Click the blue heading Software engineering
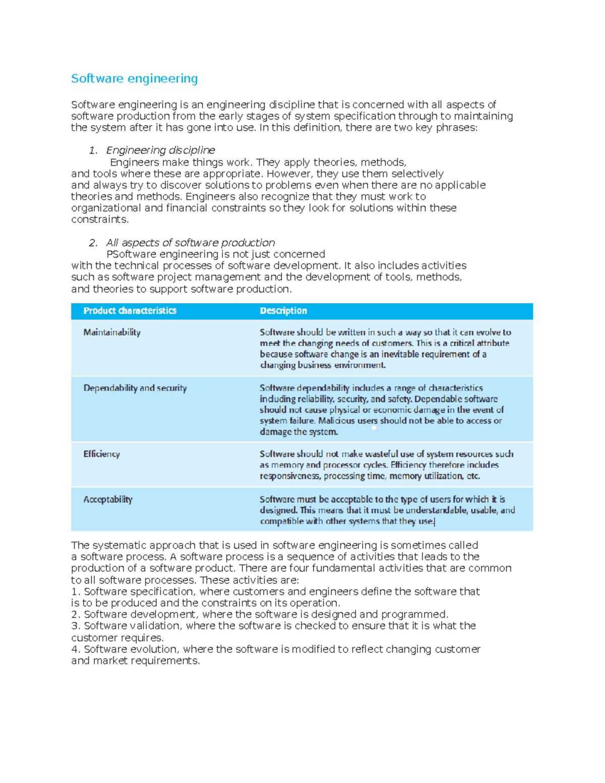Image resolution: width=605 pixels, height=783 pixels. [134, 79]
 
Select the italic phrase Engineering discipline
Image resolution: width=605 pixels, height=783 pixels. [160, 150]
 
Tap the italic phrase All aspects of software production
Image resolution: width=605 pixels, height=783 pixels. [190, 243]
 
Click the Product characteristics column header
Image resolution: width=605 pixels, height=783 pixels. [130, 311]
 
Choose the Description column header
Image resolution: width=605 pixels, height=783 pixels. [283, 311]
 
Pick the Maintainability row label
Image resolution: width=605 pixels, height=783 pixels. [112, 332]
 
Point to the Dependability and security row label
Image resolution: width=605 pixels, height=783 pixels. [135, 388]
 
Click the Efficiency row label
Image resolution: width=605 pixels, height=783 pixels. [101, 454]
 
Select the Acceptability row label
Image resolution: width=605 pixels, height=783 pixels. [108, 499]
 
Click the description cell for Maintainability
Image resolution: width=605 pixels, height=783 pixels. [385, 348]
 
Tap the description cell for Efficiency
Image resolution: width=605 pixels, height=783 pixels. [386, 465]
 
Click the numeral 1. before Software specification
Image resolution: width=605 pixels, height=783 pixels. [76, 591]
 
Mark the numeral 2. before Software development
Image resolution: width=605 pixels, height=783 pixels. [76, 614]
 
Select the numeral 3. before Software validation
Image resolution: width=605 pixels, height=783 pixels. [76, 626]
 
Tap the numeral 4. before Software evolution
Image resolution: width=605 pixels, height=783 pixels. [76, 649]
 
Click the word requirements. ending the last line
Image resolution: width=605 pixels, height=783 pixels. [165, 660]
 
